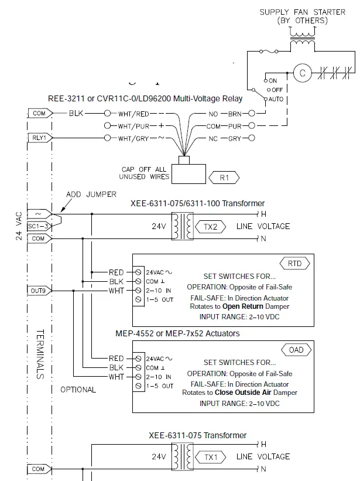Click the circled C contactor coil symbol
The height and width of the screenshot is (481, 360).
click(303, 73)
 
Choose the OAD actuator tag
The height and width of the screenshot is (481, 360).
click(296, 350)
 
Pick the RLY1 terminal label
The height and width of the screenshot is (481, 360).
click(39, 138)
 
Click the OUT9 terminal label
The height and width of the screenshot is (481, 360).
click(39, 290)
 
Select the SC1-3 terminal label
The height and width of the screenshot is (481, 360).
click(39, 226)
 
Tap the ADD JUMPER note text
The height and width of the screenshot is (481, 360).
click(91, 194)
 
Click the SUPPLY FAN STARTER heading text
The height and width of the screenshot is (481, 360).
click(303, 12)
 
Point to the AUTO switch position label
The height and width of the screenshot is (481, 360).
click(276, 99)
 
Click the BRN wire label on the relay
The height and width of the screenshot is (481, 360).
click(234, 114)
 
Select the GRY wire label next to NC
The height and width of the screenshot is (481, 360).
click(234, 139)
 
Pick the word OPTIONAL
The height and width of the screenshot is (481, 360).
click(78, 390)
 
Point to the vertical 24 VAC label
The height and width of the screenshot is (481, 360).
click(18, 226)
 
